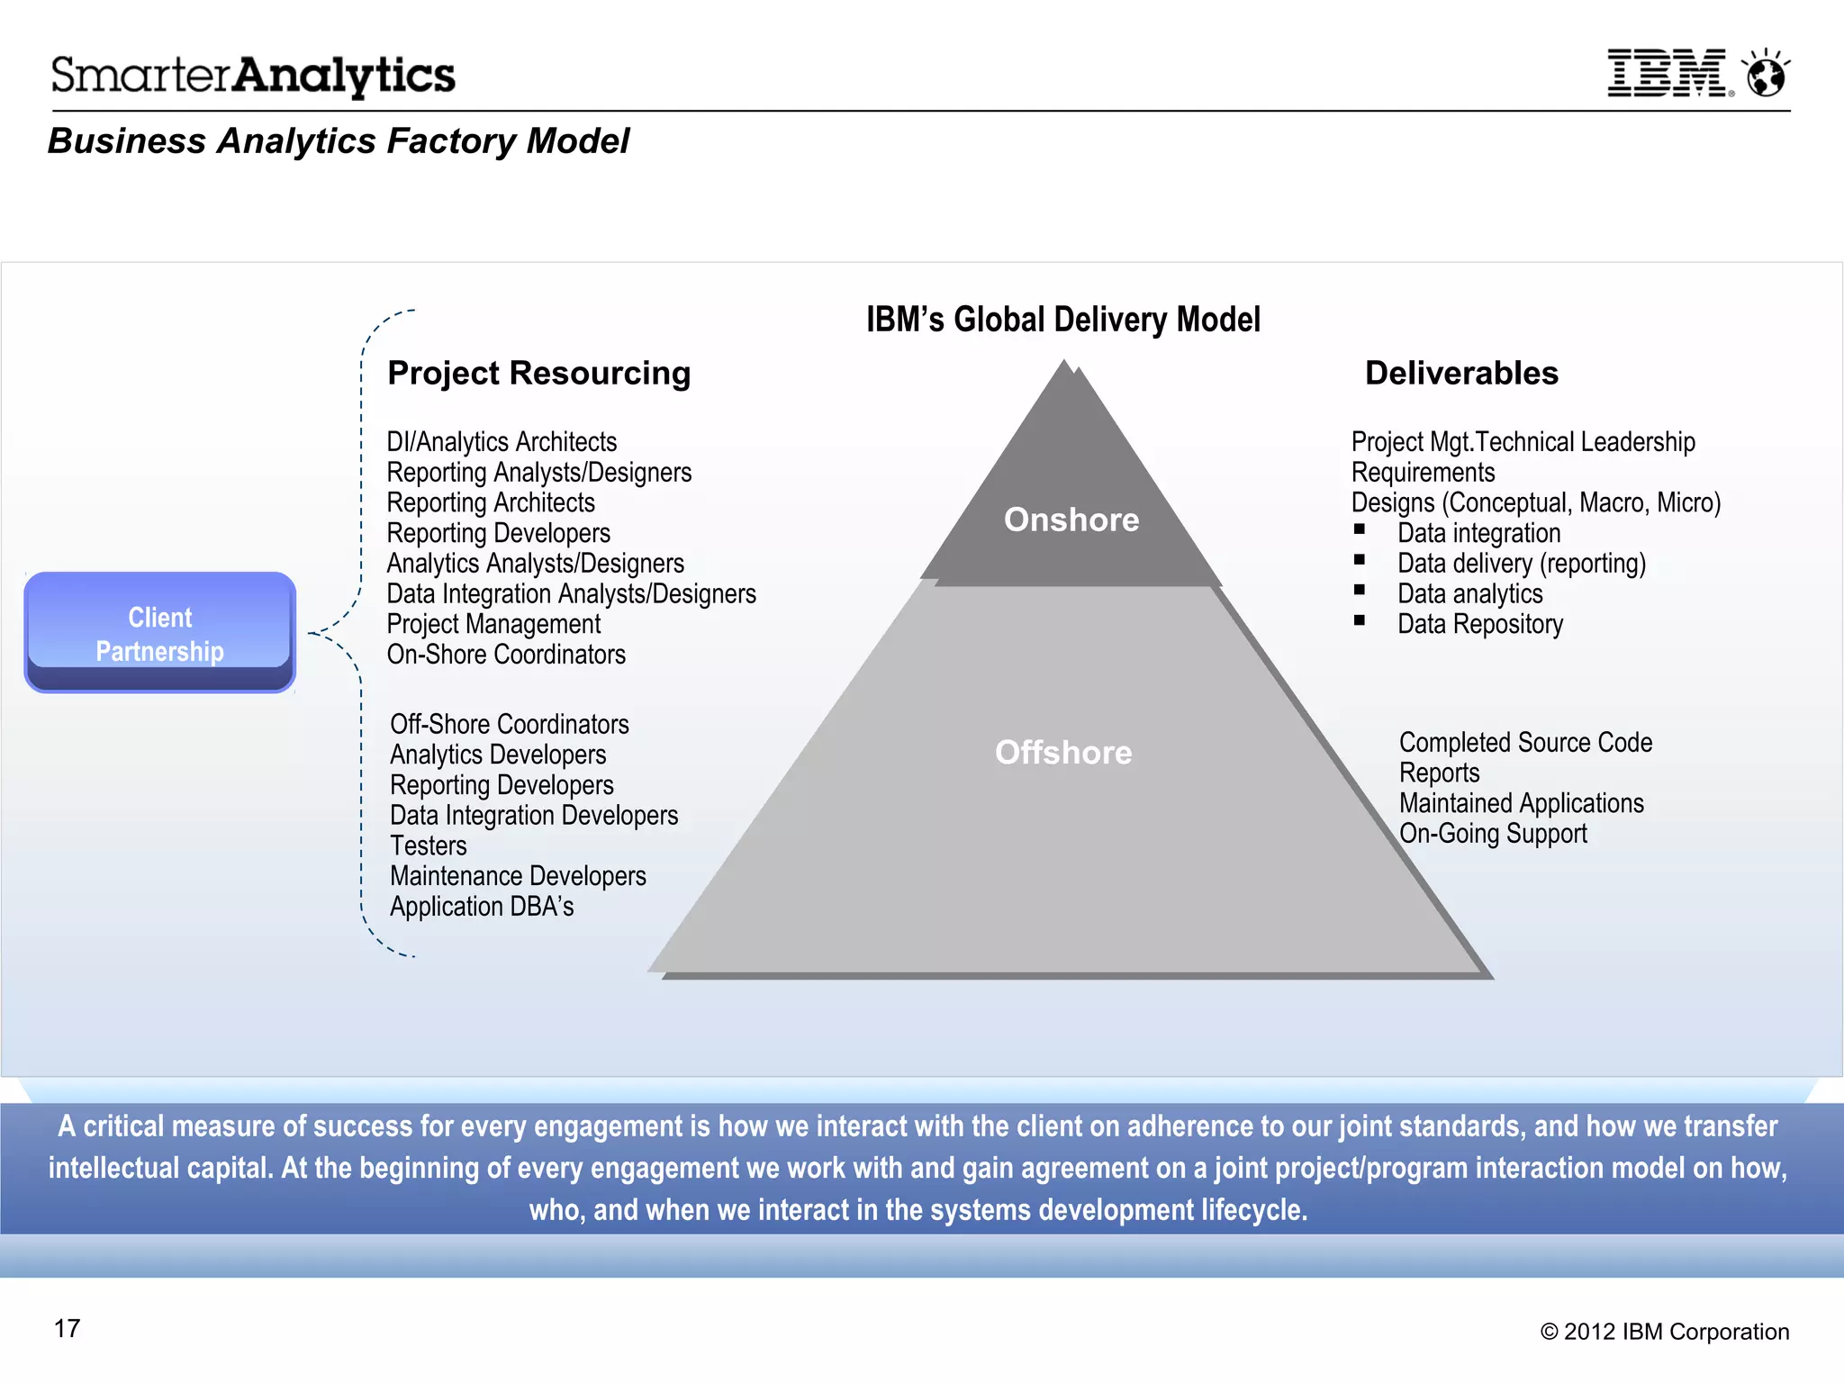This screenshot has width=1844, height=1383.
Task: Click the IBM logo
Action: [x=1668, y=74]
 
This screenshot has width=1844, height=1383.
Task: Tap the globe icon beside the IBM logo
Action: [x=1766, y=75]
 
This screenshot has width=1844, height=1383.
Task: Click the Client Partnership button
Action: [x=160, y=633]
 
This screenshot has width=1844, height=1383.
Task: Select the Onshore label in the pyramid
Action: [x=1071, y=520]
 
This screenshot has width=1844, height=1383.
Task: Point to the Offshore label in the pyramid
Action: [x=1063, y=753]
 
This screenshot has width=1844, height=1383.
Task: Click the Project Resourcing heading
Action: [x=538, y=373]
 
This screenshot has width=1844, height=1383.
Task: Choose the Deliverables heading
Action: [x=1461, y=373]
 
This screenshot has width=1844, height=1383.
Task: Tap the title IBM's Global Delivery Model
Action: [x=1062, y=320]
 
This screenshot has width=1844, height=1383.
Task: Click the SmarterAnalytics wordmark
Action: [x=253, y=76]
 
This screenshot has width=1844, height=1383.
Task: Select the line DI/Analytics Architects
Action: [x=502, y=442]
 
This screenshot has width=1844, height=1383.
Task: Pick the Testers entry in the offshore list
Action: [x=429, y=846]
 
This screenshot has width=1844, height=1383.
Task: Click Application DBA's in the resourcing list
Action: [x=482, y=907]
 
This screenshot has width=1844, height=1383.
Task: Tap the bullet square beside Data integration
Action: [x=1360, y=530]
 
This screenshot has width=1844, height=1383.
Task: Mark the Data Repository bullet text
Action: [x=1480, y=624]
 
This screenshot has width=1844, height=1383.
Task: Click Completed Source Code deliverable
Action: [x=1525, y=743]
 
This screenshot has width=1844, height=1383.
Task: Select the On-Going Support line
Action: [x=1493, y=834]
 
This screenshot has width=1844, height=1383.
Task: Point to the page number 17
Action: [x=68, y=1329]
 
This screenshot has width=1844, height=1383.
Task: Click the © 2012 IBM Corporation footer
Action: [x=1664, y=1332]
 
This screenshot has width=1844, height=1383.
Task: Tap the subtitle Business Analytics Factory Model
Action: [x=339, y=141]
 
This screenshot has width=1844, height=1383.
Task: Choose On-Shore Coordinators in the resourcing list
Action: [x=506, y=655]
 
